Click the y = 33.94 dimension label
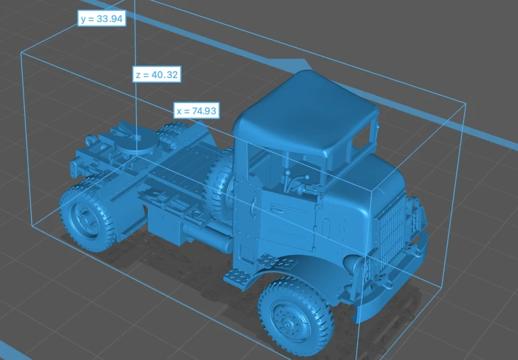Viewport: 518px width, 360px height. [102, 19]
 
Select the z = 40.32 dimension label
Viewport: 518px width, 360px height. [157, 75]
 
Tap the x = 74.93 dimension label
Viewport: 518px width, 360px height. [197, 111]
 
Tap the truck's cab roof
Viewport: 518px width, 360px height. [305, 113]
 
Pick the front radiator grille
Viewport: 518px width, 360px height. [390, 235]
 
